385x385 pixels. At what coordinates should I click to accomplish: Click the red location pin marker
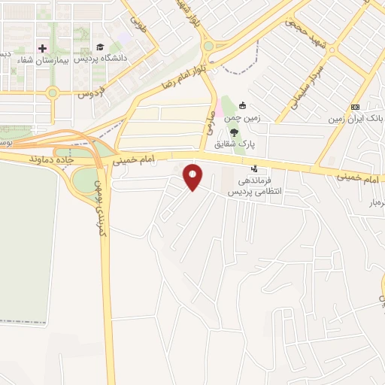tap(193, 177)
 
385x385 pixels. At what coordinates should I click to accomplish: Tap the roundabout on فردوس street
tap(53, 94)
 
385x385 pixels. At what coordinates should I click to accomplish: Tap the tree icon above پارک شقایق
tap(235, 132)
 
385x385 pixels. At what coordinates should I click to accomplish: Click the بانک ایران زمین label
tap(356, 119)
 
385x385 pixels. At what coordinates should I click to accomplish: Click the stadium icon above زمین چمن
tap(242, 106)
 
